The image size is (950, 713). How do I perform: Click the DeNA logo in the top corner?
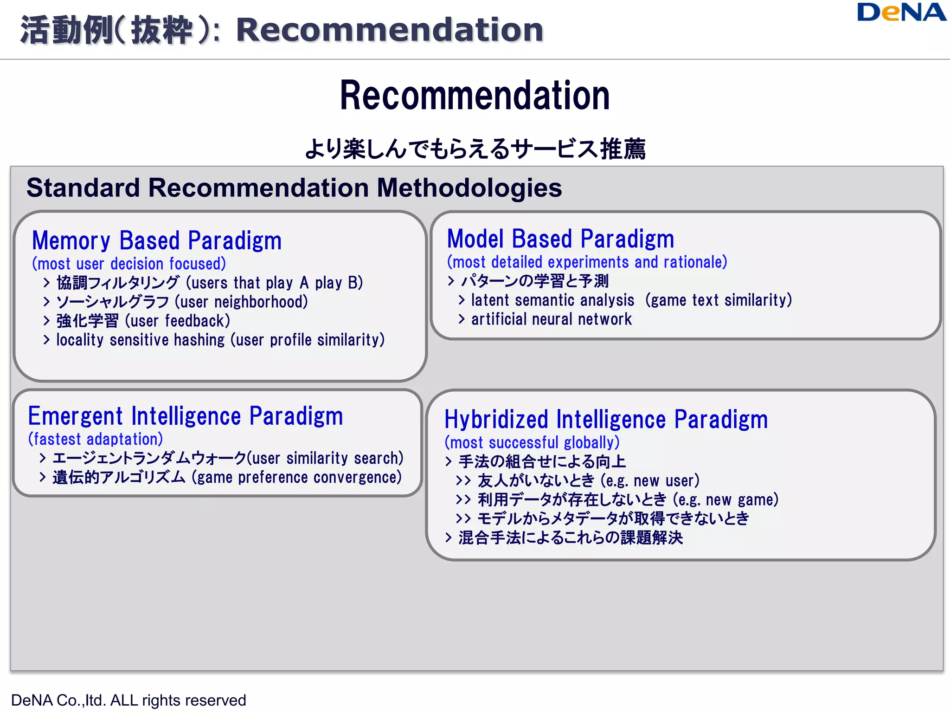tap(901, 13)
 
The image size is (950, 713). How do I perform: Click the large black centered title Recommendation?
tap(475, 96)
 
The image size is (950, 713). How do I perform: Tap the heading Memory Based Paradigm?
tap(157, 241)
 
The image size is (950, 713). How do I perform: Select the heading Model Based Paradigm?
tap(560, 239)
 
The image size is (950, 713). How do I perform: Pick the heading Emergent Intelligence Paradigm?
tap(186, 416)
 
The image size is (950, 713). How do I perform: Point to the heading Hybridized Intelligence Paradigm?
tap(606, 420)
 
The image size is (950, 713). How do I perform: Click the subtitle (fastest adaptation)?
tap(96, 439)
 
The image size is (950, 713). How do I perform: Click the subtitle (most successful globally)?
tap(532, 442)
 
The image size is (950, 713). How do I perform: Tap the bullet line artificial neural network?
tap(551, 319)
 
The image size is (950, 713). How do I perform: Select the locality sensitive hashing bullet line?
tap(220, 340)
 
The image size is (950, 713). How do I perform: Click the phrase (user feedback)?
tap(178, 321)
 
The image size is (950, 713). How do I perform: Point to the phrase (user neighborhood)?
tap(241, 302)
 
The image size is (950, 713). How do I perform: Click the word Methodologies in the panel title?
tap(469, 188)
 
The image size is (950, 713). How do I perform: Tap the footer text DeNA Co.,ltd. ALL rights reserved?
tap(128, 700)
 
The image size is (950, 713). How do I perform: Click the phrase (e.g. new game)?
tap(725, 500)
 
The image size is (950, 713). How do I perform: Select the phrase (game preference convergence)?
tap(297, 478)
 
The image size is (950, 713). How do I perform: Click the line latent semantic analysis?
tap(552, 300)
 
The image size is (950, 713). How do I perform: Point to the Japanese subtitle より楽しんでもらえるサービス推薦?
tap(475, 149)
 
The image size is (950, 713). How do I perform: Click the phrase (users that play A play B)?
tap(274, 283)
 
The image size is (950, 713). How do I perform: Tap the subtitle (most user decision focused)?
tap(129, 264)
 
